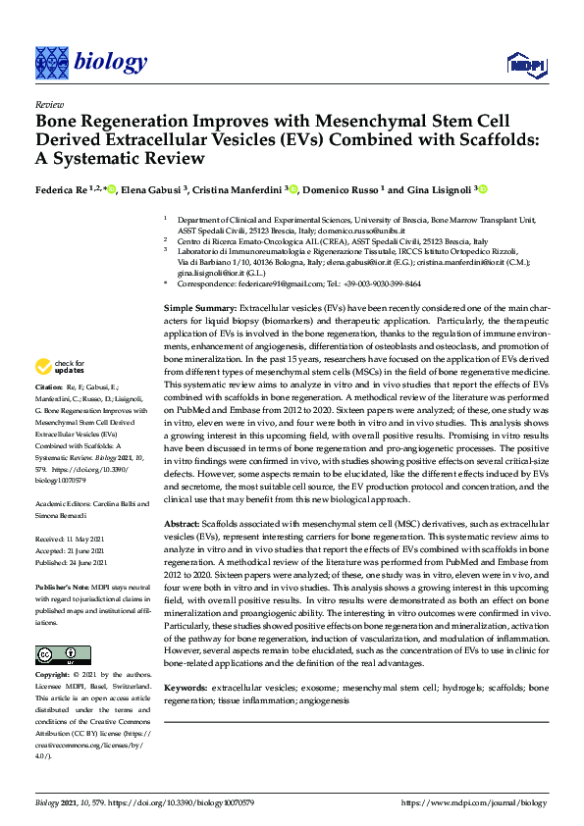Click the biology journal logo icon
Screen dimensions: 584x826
click(x=51, y=63)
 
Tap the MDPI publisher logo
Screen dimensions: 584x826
click(x=526, y=65)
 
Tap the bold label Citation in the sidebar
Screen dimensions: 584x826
click(x=49, y=416)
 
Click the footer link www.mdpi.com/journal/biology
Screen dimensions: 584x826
click(x=475, y=801)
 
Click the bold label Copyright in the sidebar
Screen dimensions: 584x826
click(x=53, y=676)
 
